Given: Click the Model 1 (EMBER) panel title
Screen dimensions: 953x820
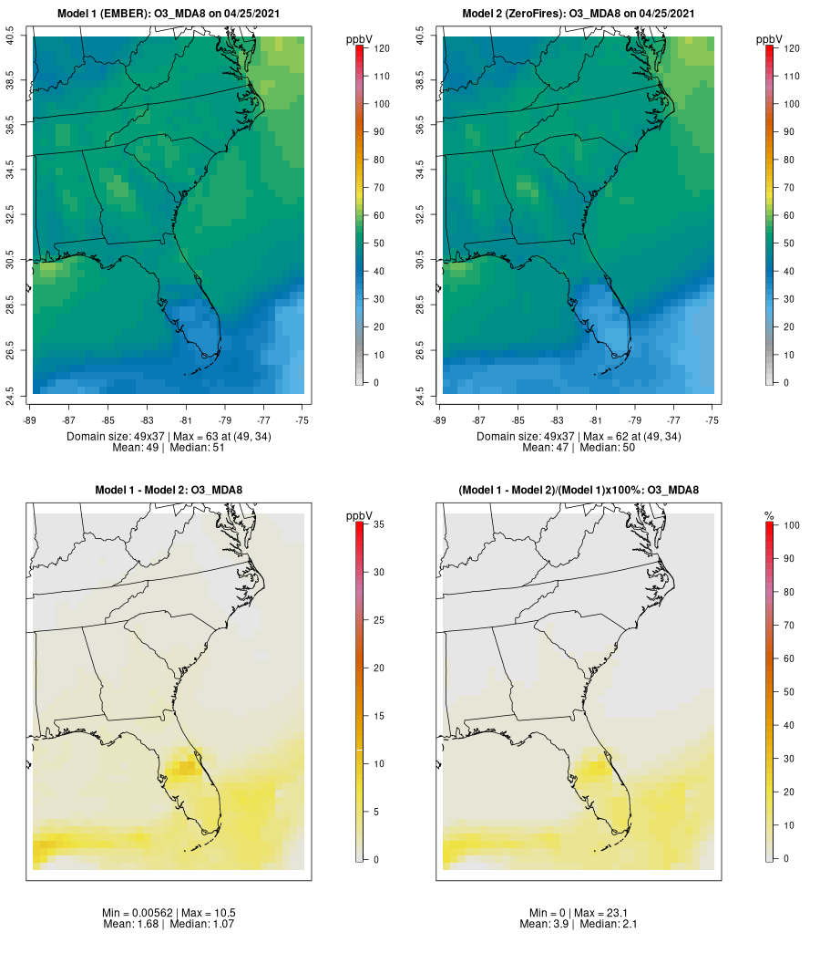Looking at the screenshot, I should (x=169, y=14).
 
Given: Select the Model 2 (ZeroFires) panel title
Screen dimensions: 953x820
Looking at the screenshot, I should (x=579, y=14).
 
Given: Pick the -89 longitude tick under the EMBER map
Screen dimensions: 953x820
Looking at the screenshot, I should (x=31, y=420).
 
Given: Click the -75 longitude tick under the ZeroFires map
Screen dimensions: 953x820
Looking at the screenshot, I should (x=712, y=420).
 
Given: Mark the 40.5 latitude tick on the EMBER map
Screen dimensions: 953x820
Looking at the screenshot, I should (x=10, y=36).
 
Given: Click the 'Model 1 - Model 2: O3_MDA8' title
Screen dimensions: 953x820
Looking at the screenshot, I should (x=169, y=491).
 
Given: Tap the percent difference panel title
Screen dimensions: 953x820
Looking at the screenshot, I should (x=579, y=491).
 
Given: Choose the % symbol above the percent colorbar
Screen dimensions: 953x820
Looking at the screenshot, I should (x=769, y=516).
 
